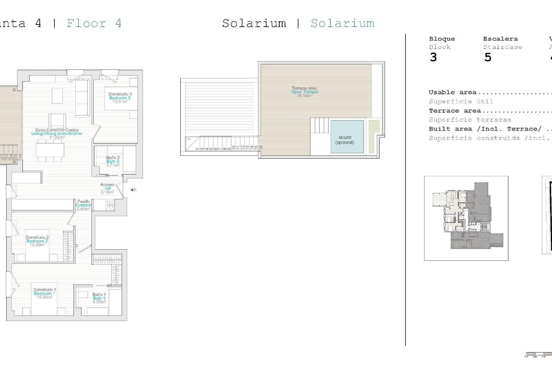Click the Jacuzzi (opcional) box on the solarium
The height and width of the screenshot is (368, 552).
(x=347, y=137)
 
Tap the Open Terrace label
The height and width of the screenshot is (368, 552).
(x=305, y=92)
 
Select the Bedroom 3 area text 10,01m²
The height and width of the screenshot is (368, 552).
(x=120, y=101)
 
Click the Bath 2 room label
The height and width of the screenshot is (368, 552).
(x=113, y=161)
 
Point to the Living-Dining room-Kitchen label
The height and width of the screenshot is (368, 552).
(x=57, y=133)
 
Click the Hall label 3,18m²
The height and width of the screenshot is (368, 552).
(x=107, y=192)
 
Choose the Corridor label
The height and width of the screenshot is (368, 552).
(x=84, y=205)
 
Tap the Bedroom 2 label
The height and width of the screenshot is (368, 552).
(x=37, y=241)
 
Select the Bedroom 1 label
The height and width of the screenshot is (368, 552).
(x=44, y=293)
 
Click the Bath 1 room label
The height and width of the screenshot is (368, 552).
(x=99, y=298)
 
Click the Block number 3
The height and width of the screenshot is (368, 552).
(x=433, y=57)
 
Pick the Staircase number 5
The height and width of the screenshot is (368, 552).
(x=488, y=57)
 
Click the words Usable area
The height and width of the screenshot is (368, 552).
(x=452, y=92)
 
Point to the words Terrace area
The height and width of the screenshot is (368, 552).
(x=455, y=111)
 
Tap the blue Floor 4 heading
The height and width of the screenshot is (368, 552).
(x=94, y=23)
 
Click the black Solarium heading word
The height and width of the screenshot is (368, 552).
(x=254, y=23)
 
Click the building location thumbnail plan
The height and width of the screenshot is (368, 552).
(x=466, y=218)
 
